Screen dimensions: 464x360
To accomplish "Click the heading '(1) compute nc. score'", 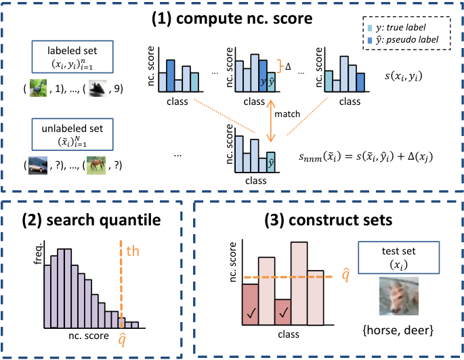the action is pyautogui.click(x=232, y=18).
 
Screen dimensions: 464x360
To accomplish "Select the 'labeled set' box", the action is pyautogui.click(x=72, y=57).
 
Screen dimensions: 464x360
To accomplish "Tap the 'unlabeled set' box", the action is pyautogui.click(x=72, y=135).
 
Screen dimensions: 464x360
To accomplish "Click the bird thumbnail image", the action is pyautogui.click(x=38, y=88).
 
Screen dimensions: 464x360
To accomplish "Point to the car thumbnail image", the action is pyautogui.click(x=38, y=165).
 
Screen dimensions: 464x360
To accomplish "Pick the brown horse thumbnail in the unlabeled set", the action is pyautogui.click(x=96, y=165).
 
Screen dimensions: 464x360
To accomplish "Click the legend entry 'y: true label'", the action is pyautogui.click(x=396, y=28).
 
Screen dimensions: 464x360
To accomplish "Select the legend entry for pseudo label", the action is pyautogui.click(x=403, y=40).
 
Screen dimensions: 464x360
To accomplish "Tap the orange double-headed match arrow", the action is pyautogui.click(x=270, y=121).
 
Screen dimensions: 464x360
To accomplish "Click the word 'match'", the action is pyautogui.click(x=287, y=114).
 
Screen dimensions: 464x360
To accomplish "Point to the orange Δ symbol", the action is pyautogui.click(x=288, y=66).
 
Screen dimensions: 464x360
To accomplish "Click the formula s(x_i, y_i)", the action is pyautogui.click(x=403, y=76).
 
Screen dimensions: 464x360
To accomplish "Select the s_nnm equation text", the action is pyautogui.click(x=366, y=156).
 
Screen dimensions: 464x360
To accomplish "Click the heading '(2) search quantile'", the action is pyautogui.click(x=91, y=220).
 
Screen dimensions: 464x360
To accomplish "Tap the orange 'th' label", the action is pyautogui.click(x=133, y=251).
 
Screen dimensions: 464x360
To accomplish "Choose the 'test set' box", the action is pyautogui.click(x=398, y=257).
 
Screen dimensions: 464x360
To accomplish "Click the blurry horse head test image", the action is pyautogui.click(x=399, y=296).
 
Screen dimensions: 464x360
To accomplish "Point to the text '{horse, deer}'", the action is pyautogui.click(x=398, y=330).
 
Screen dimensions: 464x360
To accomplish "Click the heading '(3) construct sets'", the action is pyautogui.click(x=328, y=220).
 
